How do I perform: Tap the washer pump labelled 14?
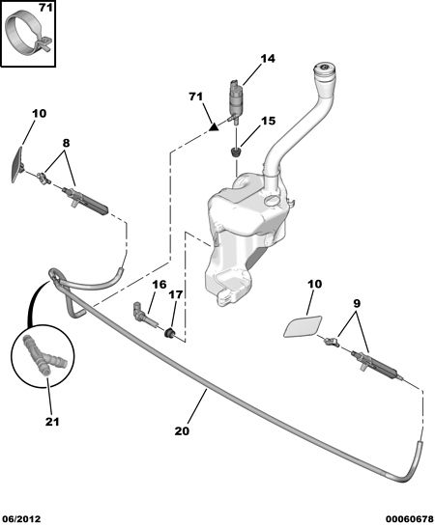(x=235, y=100)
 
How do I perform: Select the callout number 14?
(x=268, y=59)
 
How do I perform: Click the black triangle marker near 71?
(x=213, y=127)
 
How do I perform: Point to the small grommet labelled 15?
(x=237, y=152)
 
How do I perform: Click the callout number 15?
(x=268, y=121)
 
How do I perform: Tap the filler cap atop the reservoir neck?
(x=326, y=69)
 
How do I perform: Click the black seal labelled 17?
(x=170, y=333)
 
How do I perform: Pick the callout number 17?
(x=176, y=294)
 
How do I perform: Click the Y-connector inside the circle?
(x=42, y=357)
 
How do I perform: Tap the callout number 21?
(x=52, y=422)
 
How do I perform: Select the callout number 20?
(x=182, y=431)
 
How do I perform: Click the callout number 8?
(x=66, y=143)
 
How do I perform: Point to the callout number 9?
(x=357, y=304)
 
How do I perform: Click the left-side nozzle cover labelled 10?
(x=17, y=165)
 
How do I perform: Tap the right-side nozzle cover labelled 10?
(x=303, y=325)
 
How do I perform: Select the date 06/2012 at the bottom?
(x=21, y=519)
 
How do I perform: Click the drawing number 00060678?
(x=410, y=519)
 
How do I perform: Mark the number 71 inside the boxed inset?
(x=45, y=8)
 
